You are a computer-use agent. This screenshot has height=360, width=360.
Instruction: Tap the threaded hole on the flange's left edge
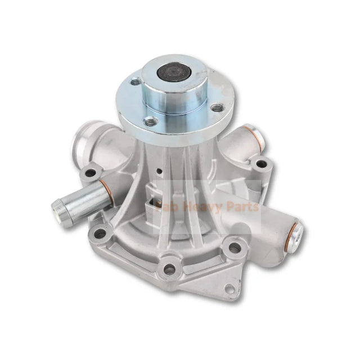[x=136, y=83]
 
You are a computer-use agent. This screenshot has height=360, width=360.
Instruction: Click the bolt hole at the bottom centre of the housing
[x=169, y=269]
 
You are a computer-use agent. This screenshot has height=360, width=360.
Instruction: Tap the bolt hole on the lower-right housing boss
[x=233, y=248]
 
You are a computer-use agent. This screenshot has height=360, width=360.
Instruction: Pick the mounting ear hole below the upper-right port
[x=260, y=164]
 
